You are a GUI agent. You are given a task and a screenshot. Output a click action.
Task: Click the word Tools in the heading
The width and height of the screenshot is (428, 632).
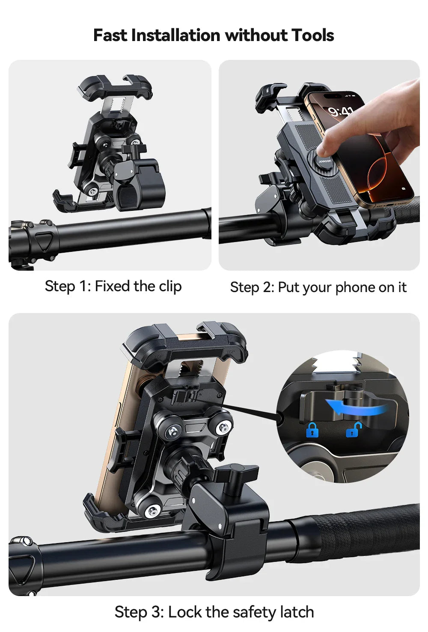312,35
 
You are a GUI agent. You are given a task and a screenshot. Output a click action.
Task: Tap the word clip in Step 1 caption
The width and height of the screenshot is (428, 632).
170,286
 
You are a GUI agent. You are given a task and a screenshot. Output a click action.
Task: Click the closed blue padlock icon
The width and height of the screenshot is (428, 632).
312,430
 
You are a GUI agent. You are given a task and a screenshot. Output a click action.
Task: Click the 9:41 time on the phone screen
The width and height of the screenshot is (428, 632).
341,112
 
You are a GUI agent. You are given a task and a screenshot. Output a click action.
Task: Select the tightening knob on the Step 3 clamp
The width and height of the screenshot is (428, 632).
236,474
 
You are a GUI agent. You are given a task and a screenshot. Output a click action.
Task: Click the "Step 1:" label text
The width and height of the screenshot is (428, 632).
67,286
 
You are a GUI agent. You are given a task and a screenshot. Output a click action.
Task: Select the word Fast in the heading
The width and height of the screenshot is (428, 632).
110,35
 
